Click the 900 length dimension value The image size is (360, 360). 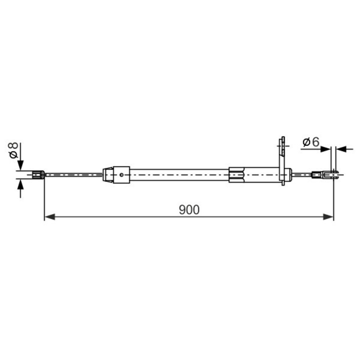click(x=189, y=209)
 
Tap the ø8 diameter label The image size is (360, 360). click(x=13, y=150)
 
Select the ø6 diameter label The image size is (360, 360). click(x=311, y=142)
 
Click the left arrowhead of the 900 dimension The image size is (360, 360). click(x=49, y=216)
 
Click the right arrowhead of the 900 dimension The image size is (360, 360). click(x=328, y=216)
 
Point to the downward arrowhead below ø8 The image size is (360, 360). click(x=20, y=165)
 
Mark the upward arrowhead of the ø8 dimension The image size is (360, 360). click(x=20, y=185)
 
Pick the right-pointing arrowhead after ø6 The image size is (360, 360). click(x=325, y=149)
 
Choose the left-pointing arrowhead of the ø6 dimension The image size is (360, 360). click(x=341, y=149)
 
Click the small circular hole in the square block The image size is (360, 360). click(x=121, y=174)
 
